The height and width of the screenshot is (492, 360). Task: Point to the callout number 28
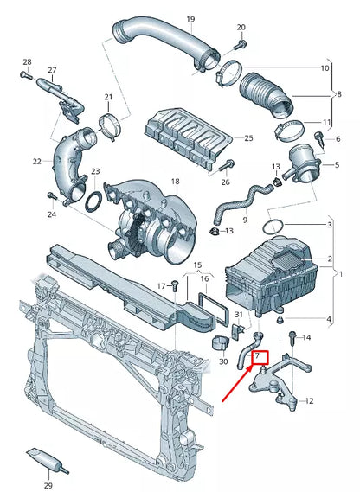pyautogui.click(x=27, y=61)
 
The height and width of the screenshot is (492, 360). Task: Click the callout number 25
pyautogui.click(x=248, y=138)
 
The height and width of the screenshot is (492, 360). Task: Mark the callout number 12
pyautogui.click(x=310, y=400)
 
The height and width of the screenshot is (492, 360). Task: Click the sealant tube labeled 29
pyautogui.click(x=44, y=459)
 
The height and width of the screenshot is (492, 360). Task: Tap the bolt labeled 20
pyautogui.click(x=241, y=44)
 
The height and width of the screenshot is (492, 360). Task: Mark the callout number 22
pyautogui.click(x=36, y=162)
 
